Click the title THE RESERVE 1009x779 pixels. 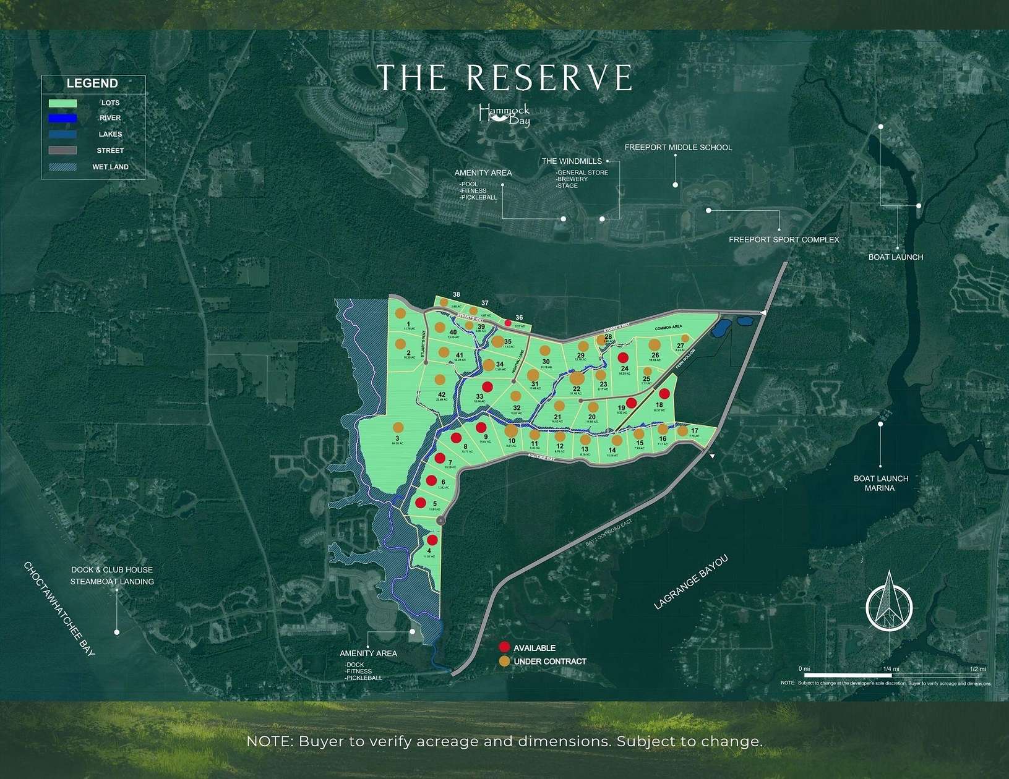tap(504, 78)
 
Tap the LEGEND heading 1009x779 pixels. tap(92, 83)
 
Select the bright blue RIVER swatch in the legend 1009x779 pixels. tap(62, 118)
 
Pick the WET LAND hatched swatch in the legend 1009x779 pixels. tap(62, 167)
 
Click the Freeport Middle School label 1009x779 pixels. tap(678, 148)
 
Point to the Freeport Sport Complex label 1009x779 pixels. tap(784, 240)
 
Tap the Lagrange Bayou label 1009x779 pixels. tap(691, 583)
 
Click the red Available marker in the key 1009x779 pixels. tap(504, 647)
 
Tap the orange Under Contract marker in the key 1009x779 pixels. tap(504, 662)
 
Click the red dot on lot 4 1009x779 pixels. tap(432, 540)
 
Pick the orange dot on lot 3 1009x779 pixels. tap(398, 427)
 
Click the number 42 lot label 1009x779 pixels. tap(442, 394)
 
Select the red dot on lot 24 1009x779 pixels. tap(624, 357)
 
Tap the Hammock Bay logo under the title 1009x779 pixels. tap(504, 114)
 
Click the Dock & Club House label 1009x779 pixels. tap(111, 570)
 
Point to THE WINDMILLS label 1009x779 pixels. tap(572, 161)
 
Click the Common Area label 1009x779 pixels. tap(668, 327)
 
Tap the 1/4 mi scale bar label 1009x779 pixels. tap(887, 669)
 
